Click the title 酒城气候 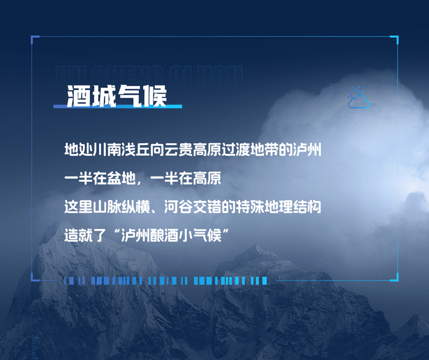(116, 97)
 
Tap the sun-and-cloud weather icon (358, 98)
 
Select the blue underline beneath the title (117, 107)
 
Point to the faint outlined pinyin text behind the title (150, 72)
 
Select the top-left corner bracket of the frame (34, 39)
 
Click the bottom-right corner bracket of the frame (395, 277)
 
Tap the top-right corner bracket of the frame (395, 39)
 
